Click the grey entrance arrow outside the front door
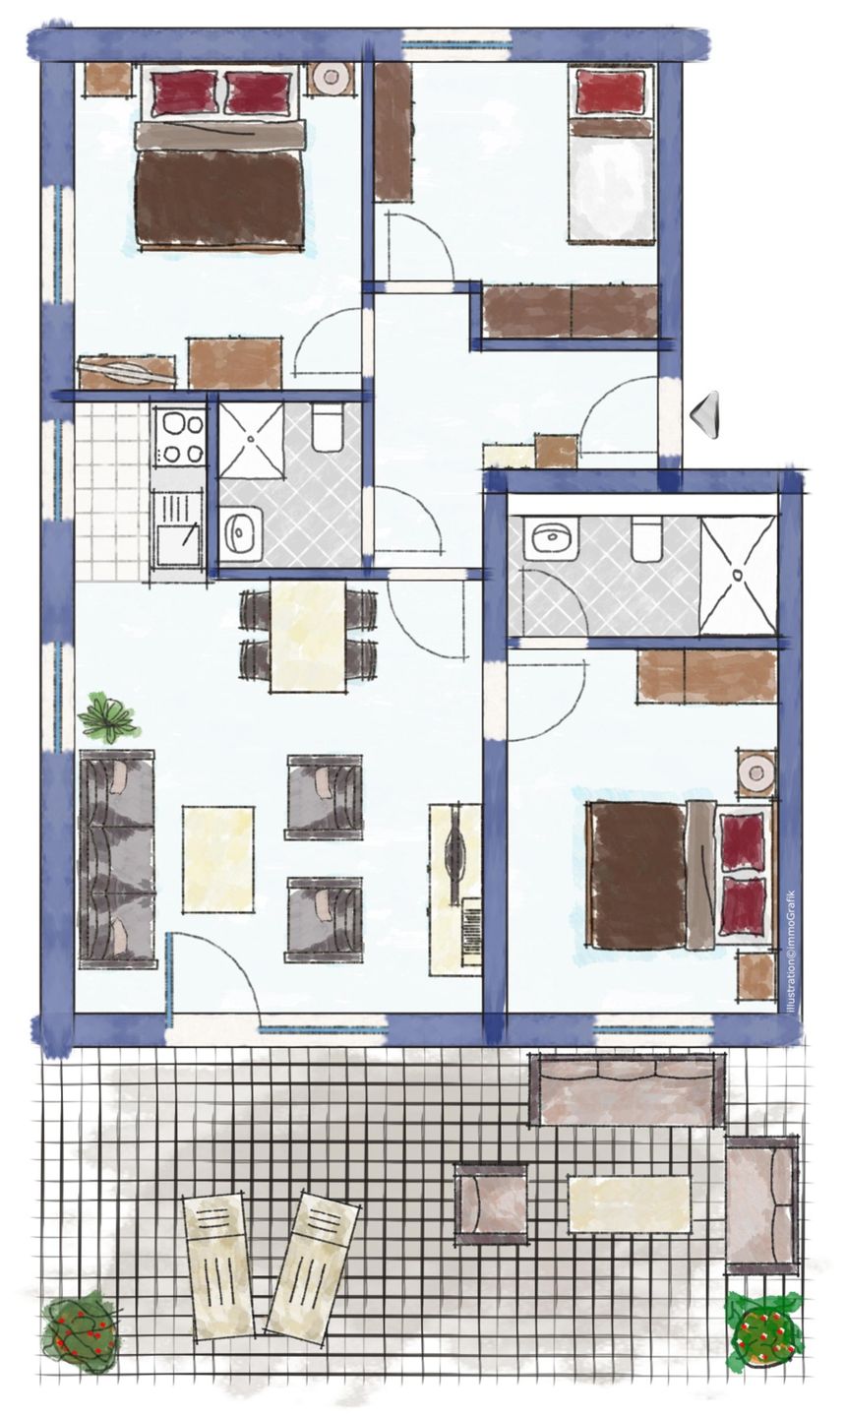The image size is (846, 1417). point(706,414)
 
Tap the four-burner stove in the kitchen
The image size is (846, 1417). point(180,437)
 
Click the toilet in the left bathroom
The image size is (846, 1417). point(328,428)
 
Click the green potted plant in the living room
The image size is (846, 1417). point(107,718)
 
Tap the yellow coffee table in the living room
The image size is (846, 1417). point(218,858)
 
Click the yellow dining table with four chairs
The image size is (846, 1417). point(309,637)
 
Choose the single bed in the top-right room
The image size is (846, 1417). point(612,154)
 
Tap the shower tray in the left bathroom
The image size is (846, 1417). point(251,439)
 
